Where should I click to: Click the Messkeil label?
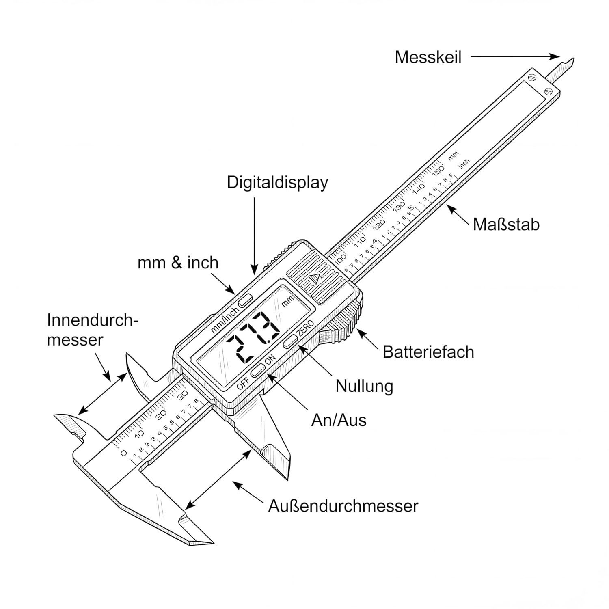[428, 57]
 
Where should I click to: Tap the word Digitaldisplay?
[277, 182]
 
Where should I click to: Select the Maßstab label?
[506, 225]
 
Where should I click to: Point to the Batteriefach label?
[428, 352]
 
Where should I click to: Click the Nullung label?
[364, 386]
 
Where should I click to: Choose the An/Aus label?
[339, 420]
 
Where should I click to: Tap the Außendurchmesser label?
[343, 506]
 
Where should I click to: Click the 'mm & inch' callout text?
[178, 263]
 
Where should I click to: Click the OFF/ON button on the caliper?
[258, 370]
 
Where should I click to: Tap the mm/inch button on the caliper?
[246, 300]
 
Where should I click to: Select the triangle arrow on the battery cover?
[315, 279]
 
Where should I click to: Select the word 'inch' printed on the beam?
[464, 163]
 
